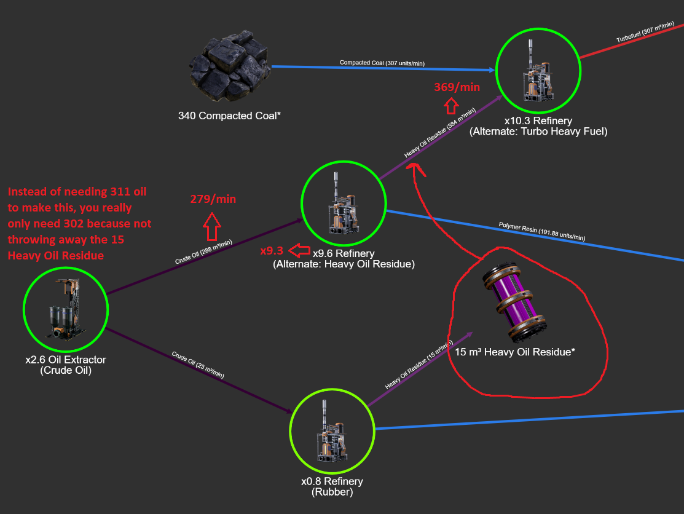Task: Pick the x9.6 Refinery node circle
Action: click(x=344, y=203)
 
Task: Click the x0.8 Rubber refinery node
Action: click(x=332, y=429)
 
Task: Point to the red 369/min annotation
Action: click(x=457, y=87)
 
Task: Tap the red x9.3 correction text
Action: click(x=272, y=251)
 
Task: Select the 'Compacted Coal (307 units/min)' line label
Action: click(x=382, y=63)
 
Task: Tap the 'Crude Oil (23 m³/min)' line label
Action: click(x=198, y=365)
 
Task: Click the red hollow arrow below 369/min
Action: click(x=452, y=106)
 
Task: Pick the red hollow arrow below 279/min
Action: click(x=213, y=226)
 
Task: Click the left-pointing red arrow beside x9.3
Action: click(x=299, y=251)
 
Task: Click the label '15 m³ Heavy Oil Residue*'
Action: click(x=514, y=352)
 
